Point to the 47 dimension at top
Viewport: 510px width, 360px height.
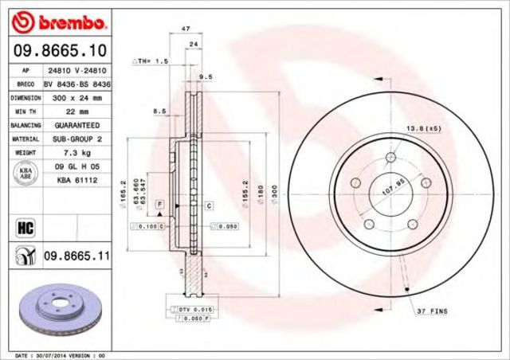coord(186,29)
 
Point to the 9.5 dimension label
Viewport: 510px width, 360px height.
coord(205,76)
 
